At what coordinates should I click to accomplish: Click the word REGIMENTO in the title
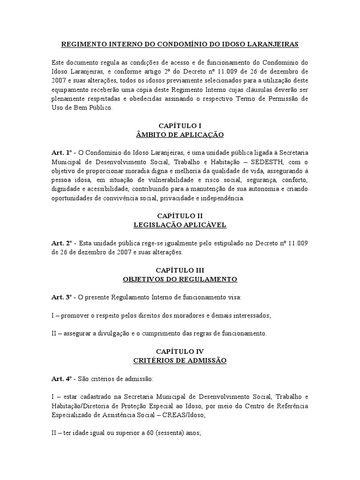click(83, 44)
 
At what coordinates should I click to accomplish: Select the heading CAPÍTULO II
click(180, 216)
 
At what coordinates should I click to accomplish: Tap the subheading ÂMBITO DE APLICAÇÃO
click(180, 135)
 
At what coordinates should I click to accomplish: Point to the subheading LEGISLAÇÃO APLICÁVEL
click(180, 225)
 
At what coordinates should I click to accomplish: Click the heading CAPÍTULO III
click(180, 270)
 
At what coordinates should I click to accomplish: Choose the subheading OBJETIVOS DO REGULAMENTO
click(180, 279)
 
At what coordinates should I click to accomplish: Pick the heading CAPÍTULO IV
click(180, 351)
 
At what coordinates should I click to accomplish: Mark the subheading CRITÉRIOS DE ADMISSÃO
click(180, 360)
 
